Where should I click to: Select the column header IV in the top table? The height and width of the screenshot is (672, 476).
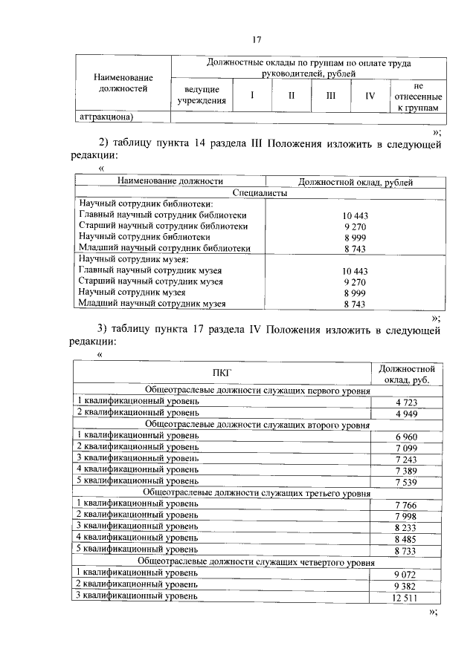[370, 95]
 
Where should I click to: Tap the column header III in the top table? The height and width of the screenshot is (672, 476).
[330, 95]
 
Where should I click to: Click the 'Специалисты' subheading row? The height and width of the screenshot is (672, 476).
[259, 192]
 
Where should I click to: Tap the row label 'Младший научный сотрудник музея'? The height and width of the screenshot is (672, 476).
[152, 304]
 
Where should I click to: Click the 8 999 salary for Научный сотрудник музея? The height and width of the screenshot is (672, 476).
[356, 293]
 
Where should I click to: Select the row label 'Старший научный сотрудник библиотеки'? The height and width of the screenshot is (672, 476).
[163, 226]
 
